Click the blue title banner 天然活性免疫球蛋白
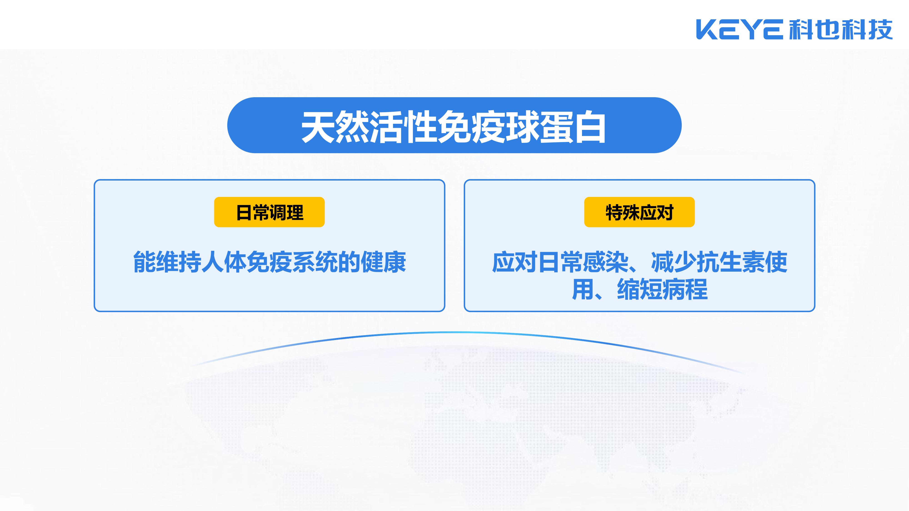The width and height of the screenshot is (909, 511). [454, 125]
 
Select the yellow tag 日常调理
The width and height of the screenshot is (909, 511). [269, 212]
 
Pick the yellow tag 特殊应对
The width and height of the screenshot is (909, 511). [639, 212]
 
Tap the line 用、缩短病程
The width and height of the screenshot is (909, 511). [639, 289]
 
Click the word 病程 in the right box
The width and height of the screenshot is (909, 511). [685, 289]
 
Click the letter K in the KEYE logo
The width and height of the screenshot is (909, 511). [707, 30]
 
